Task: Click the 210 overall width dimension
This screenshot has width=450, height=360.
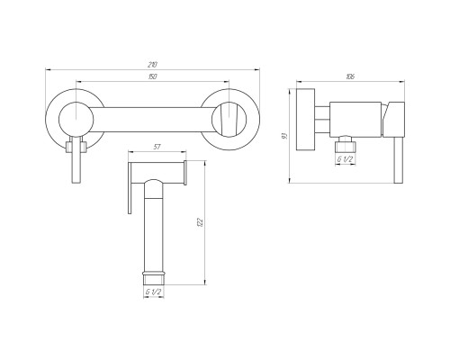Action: (x=152, y=65)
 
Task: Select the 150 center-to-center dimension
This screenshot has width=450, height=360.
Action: (x=152, y=76)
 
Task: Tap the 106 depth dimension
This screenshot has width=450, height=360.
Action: (x=350, y=76)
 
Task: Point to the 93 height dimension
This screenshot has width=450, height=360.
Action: (x=285, y=136)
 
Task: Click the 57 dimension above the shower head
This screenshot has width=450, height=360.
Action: (x=157, y=147)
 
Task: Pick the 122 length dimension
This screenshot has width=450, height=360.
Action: (x=201, y=222)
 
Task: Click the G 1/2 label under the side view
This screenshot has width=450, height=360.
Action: (x=345, y=159)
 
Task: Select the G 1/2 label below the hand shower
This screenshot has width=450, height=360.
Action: (x=154, y=292)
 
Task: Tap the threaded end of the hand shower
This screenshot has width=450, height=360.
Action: (x=154, y=278)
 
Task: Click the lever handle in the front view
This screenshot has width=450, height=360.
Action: (x=76, y=159)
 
